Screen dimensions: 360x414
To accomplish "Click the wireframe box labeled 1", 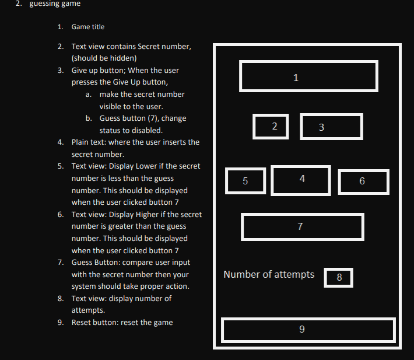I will (308, 76).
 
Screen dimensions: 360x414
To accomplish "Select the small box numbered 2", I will (271, 127).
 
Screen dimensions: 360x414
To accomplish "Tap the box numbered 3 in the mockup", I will (331, 127).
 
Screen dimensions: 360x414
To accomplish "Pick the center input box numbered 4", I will (301, 180).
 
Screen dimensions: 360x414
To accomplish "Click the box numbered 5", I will (245, 181).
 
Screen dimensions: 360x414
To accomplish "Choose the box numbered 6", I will (363, 182).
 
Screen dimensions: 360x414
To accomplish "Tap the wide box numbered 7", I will (302, 226).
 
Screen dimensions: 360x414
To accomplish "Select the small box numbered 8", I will (338, 278).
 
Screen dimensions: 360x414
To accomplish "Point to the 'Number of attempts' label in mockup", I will (269, 274).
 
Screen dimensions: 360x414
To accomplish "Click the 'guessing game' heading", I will (55, 4).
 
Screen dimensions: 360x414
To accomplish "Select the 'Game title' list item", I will (88, 27).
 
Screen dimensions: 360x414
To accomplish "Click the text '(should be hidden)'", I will (104, 58).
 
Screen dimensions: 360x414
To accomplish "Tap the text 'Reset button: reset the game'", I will (122, 323).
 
